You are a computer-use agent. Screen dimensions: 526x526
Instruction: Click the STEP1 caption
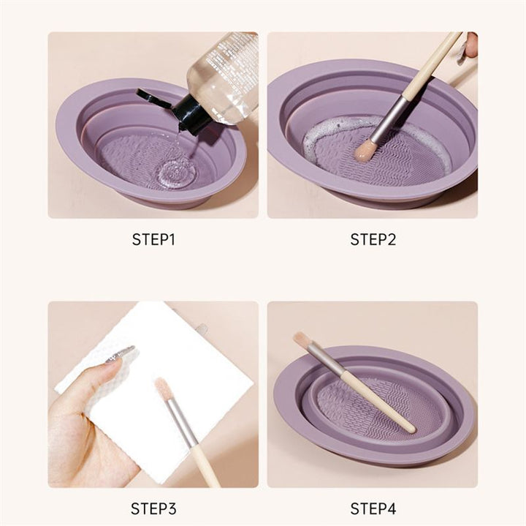153,239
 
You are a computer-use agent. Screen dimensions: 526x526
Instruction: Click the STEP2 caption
373,239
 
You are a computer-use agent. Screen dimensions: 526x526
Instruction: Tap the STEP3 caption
153,508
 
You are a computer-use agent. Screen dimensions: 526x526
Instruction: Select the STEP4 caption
373,508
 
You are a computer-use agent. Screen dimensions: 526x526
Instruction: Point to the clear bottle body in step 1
223,77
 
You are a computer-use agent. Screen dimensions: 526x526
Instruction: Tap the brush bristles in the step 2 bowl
365,151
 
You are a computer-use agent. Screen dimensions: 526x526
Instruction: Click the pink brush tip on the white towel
164,388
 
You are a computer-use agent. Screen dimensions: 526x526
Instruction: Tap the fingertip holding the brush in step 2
470,45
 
